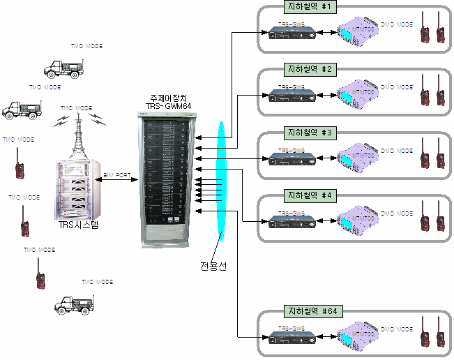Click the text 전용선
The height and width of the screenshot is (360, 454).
[213, 266]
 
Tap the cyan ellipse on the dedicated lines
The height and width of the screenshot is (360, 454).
[221, 181]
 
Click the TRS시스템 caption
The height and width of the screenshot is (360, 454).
[79, 225]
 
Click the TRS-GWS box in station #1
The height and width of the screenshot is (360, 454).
[294, 32]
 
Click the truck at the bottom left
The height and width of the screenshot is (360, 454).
[75, 301]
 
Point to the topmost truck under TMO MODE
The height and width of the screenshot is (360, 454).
[63, 67]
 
